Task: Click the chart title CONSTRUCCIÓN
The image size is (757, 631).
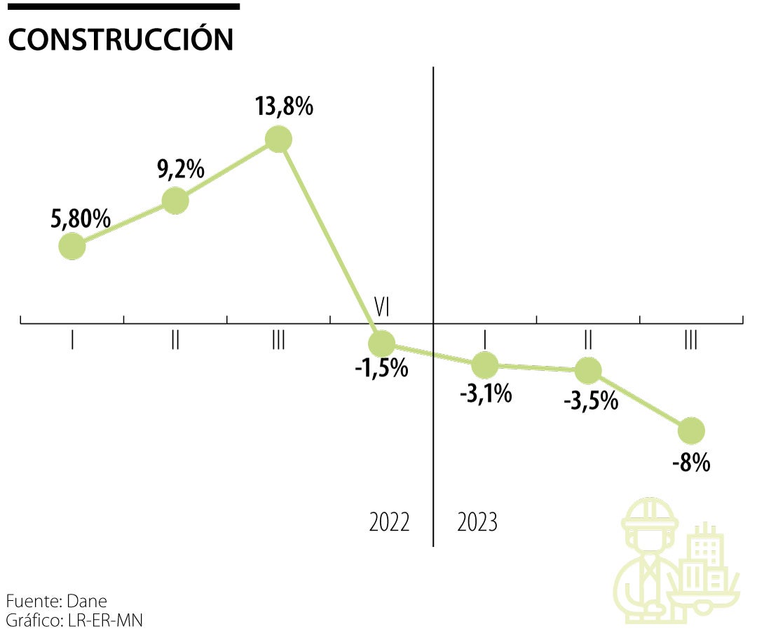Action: coord(120,40)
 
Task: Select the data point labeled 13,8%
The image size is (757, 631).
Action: coord(278,140)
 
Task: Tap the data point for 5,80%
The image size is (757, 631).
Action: coord(71,246)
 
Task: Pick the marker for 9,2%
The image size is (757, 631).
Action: coord(175,201)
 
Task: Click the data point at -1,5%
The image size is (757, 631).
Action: coord(382,343)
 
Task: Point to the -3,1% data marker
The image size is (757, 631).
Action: coord(485,364)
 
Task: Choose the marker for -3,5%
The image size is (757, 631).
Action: coord(588,369)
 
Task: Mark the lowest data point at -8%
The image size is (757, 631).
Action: coord(691,430)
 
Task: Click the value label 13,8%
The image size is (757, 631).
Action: coord(285,108)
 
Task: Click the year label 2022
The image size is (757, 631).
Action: coord(389,522)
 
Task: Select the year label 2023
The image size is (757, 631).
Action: coord(477,522)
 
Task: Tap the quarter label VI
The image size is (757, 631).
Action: coord(382,306)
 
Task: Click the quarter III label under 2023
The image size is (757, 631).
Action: coord(691,341)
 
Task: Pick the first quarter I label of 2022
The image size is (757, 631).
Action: coord(72,341)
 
